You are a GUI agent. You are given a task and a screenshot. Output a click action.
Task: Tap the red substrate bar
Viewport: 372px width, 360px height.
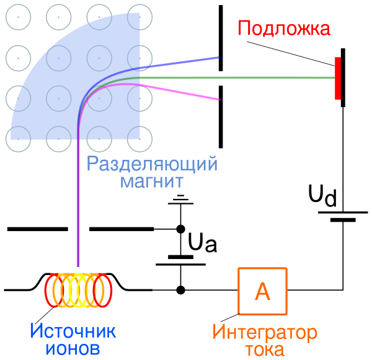(337, 78)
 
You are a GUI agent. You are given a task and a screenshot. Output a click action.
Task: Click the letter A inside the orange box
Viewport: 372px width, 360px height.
(263, 291)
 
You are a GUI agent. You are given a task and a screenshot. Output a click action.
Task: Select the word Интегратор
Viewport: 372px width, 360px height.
(265, 332)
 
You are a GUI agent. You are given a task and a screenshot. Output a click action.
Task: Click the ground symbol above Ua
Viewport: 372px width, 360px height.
(180, 200)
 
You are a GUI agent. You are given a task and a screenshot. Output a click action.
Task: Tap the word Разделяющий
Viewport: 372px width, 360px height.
(152, 165)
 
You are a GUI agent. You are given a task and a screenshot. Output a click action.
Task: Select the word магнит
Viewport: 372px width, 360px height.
(152, 182)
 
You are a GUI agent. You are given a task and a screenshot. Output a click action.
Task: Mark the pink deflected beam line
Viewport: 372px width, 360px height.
(186, 92)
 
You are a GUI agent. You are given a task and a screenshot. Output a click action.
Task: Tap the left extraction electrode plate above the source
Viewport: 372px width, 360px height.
(37, 229)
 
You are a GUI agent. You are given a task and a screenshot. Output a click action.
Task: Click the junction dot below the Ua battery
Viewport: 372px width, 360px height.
(180, 289)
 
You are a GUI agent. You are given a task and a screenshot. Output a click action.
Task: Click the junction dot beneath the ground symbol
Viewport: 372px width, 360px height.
(180, 229)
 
